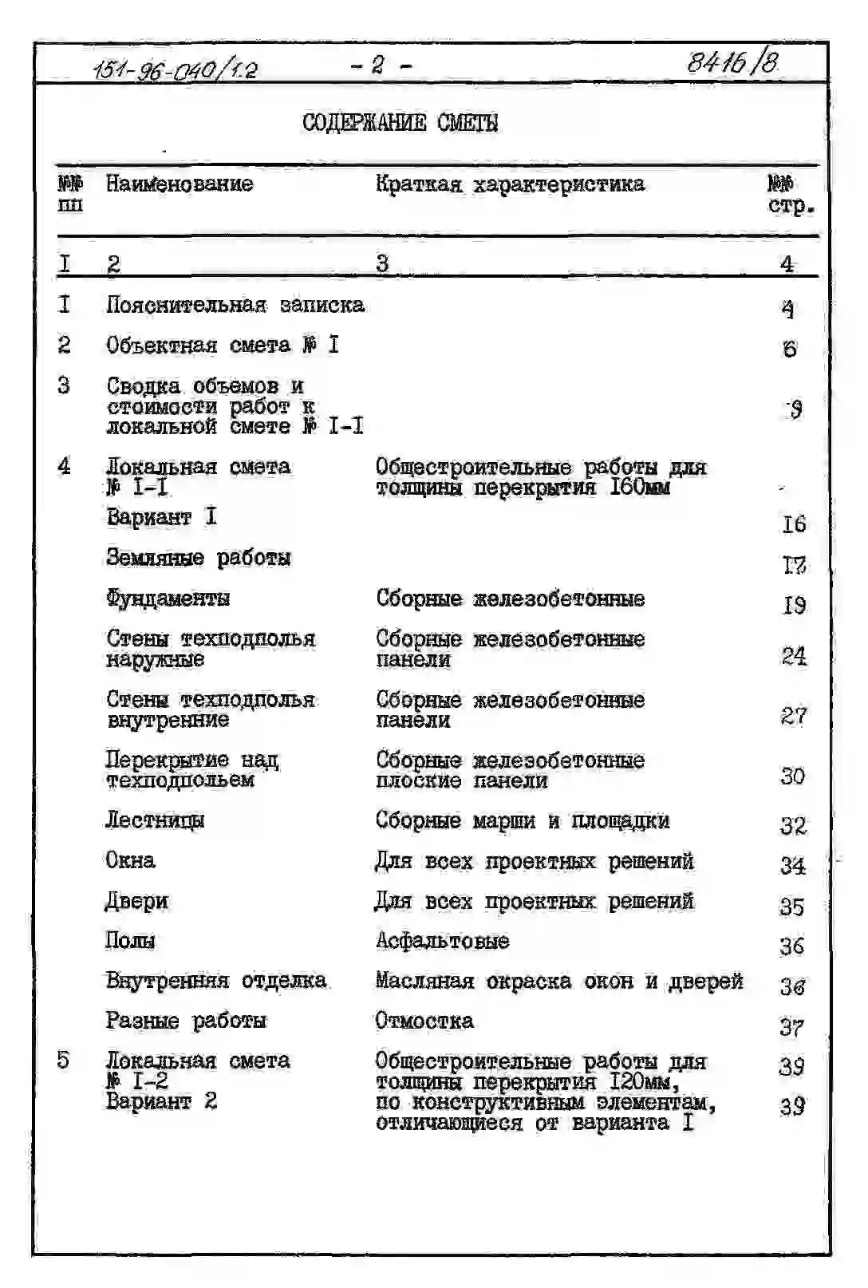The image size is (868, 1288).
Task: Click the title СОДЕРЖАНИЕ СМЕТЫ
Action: click(x=400, y=123)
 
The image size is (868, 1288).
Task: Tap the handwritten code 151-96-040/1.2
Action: click(x=175, y=70)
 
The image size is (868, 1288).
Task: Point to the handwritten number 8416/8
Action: click(x=732, y=62)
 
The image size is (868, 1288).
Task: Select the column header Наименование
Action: click(x=180, y=184)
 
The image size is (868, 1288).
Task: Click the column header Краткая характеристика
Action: click(x=510, y=184)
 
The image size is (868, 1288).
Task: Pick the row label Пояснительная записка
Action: click(x=235, y=305)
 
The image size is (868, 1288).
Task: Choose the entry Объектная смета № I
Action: click(x=223, y=346)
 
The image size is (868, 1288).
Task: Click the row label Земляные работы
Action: click(x=199, y=557)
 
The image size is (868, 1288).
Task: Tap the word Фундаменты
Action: click(x=168, y=598)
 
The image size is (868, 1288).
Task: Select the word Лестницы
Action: click(x=155, y=820)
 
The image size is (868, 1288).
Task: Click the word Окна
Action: click(x=130, y=860)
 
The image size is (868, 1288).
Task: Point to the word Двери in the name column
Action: click(x=136, y=901)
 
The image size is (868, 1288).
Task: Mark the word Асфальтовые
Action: click(x=442, y=941)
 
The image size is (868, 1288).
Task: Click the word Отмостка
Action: click(x=424, y=1021)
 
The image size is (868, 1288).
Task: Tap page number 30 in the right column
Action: click(x=793, y=776)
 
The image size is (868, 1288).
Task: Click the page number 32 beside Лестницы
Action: click(x=793, y=825)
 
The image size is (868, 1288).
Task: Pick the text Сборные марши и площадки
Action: click(x=523, y=820)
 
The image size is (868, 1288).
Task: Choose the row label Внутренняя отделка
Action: click(x=216, y=981)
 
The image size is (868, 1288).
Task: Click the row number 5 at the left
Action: click(x=64, y=1061)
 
